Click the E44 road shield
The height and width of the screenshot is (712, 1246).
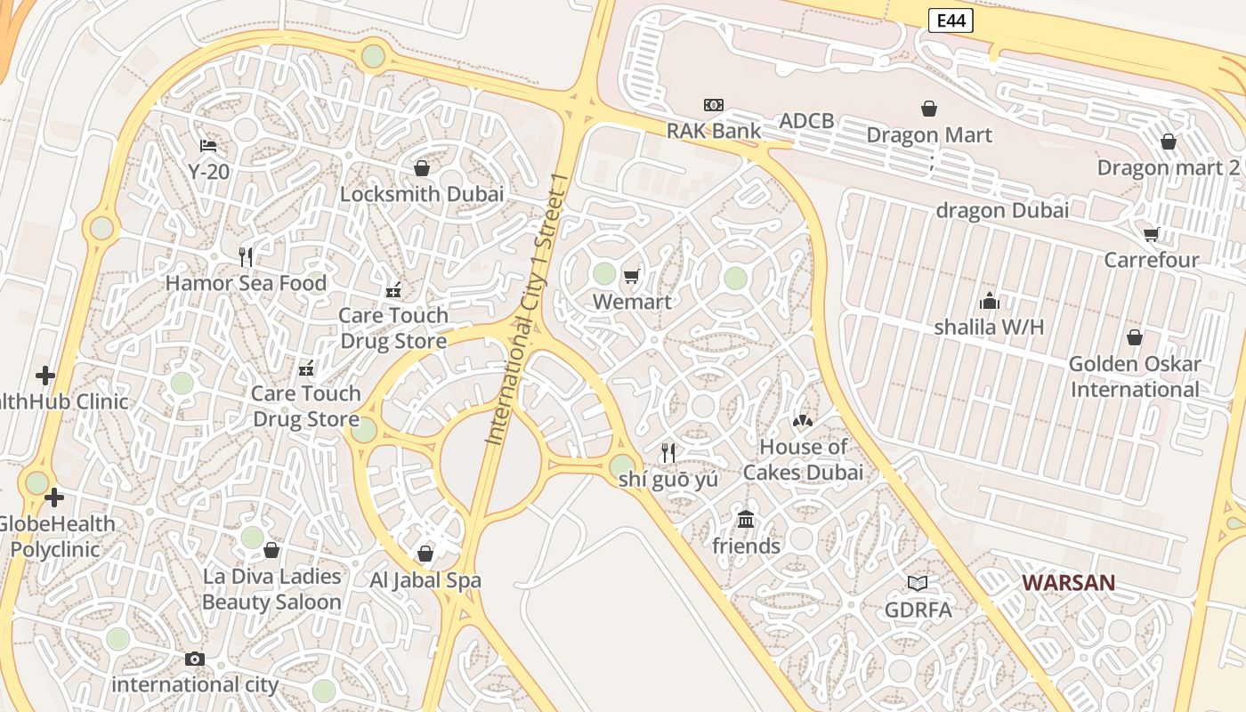pyautogui.click(x=951, y=20)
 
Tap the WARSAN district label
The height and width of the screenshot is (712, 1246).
pyautogui.click(x=1068, y=583)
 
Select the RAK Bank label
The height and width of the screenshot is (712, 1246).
pyautogui.click(x=714, y=131)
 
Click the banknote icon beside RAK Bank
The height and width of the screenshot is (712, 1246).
pyautogui.click(x=713, y=105)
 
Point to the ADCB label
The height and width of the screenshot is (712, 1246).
pyautogui.click(x=806, y=121)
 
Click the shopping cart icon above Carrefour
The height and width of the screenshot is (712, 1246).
pyautogui.click(x=1152, y=234)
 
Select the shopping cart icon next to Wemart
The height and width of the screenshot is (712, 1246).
pyautogui.click(x=632, y=276)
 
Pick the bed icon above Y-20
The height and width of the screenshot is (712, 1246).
pyautogui.click(x=208, y=145)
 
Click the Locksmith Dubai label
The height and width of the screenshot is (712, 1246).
pyautogui.click(x=422, y=194)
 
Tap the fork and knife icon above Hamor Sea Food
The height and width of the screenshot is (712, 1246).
pyautogui.click(x=246, y=257)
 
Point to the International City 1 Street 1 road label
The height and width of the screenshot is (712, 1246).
pyautogui.click(x=527, y=309)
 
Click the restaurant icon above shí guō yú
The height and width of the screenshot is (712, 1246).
pyautogui.click(x=668, y=453)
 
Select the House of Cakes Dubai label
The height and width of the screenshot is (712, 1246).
pyautogui.click(x=803, y=459)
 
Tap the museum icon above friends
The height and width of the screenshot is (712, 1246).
pyautogui.click(x=746, y=519)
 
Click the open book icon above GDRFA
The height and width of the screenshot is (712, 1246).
pyautogui.click(x=918, y=583)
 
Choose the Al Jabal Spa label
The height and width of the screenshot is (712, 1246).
pyautogui.click(x=425, y=580)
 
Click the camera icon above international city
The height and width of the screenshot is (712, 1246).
pyautogui.click(x=195, y=659)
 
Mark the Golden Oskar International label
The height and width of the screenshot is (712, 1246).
pyautogui.click(x=1135, y=376)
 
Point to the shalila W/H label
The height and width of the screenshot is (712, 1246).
pyautogui.click(x=989, y=327)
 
